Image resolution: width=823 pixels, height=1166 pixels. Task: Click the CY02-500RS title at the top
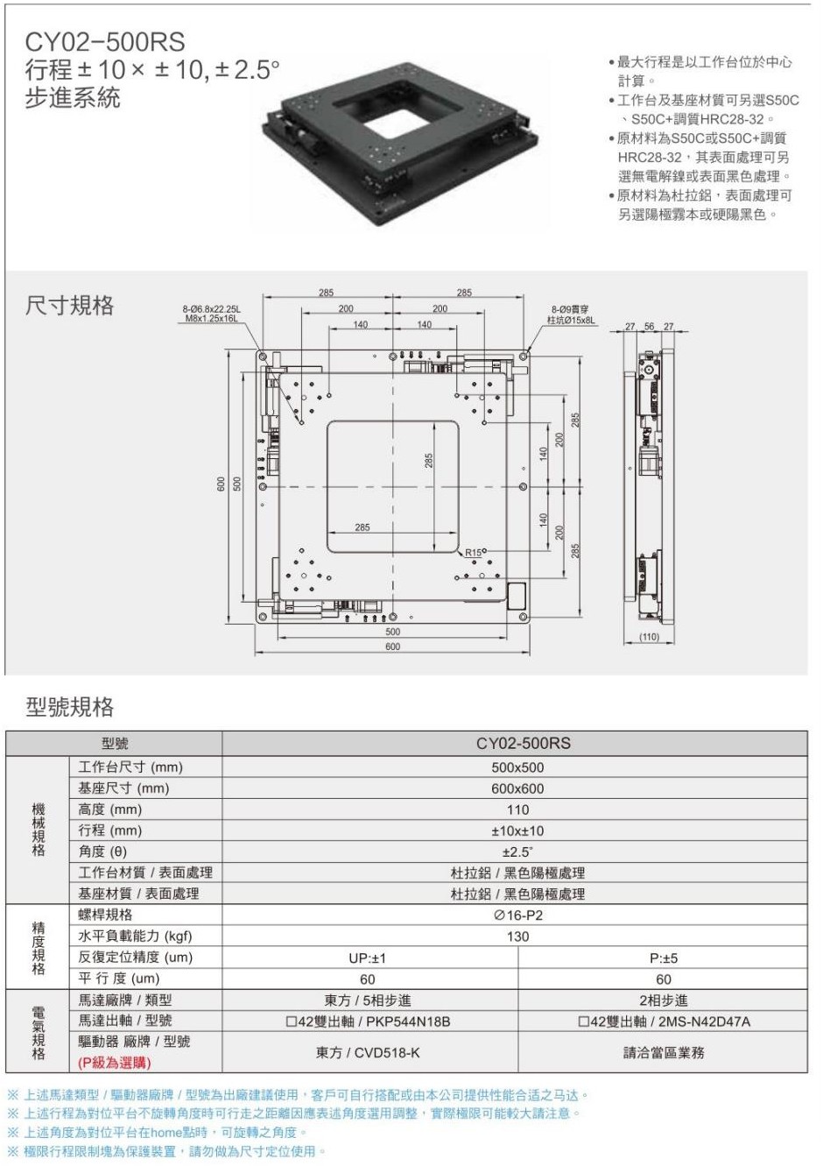tap(105, 42)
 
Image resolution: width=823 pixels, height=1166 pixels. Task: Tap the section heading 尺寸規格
tap(70, 305)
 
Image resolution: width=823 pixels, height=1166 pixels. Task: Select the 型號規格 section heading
tap(70, 707)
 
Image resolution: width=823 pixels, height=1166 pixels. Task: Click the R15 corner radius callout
tap(473, 552)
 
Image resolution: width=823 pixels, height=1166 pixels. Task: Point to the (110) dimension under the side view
tap(649, 637)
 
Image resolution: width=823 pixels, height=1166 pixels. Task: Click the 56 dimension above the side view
tap(650, 327)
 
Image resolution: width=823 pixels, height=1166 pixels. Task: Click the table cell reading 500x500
tap(517, 767)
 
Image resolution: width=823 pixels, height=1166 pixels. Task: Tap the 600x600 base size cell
tap(517, 788)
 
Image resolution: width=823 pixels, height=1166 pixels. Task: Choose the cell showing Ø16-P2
tap(518, 915)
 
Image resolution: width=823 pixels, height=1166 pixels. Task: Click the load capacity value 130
tap(517, 936)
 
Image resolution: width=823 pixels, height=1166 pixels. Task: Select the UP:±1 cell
tap(367, 958)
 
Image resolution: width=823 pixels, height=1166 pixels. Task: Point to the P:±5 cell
tap(664, 958)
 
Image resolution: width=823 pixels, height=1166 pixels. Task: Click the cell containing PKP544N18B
tap(368, 1021)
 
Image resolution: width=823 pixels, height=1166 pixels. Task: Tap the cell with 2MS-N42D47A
tap(664, 1021)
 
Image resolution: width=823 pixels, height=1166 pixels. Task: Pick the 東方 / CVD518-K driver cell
tap(368, 1052)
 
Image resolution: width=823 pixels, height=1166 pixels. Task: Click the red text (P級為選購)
tap(115, 1063)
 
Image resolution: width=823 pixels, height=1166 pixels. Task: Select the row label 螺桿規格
tap(105, 915)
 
